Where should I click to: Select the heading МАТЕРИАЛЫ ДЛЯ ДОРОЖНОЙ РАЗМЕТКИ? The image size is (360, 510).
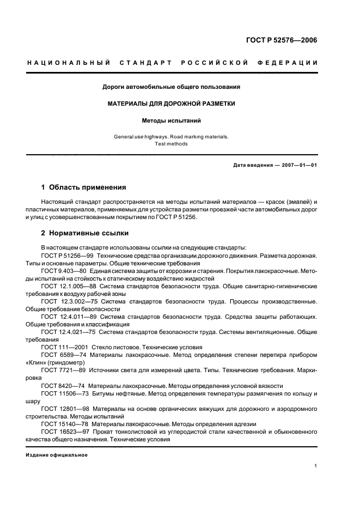pos(172,104)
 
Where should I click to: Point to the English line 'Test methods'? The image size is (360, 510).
pos(172,144)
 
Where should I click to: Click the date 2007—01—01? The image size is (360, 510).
pos(297,165)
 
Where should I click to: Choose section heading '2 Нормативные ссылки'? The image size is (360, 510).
pos(85,233)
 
